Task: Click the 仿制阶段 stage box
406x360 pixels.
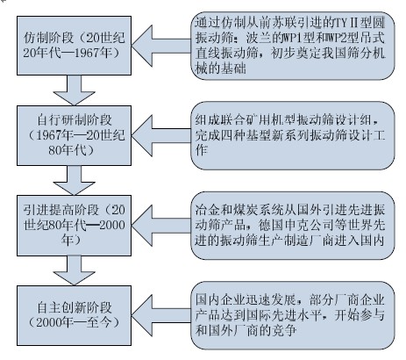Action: pos(74,46)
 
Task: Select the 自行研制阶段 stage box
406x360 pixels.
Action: pos(74,135)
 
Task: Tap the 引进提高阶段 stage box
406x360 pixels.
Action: pos(74,226)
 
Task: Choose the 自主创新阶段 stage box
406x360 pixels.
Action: pos(74,315)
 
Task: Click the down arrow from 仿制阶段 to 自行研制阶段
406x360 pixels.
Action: pos(74,90)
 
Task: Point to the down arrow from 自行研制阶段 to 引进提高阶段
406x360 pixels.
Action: pos(74,180)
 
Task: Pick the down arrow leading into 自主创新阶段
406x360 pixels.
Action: pos(74,270)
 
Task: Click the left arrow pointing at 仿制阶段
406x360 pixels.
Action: pos(161,46)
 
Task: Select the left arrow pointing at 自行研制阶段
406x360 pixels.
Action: pos(161,136)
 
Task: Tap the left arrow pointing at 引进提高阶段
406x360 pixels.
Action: pos(161,226)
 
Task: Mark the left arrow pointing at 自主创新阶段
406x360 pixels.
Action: pos(161,315)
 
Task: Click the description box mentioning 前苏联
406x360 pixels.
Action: pos(293,46)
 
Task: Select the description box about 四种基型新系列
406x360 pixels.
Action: pos(293,135)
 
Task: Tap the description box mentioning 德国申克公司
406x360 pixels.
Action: pos(293,226)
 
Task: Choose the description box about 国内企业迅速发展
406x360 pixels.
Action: pos(293,315)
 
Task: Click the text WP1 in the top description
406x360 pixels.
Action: pos(290,38)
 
